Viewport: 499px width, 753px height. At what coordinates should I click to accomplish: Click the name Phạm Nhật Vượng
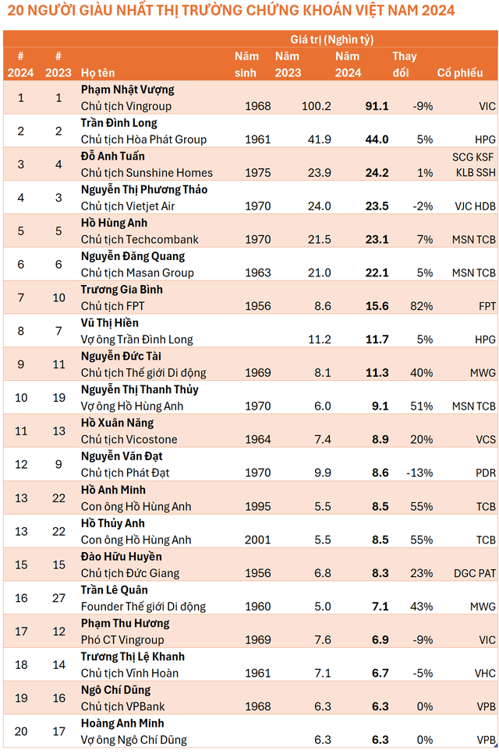point(127,90)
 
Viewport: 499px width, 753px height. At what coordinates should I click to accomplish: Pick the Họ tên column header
point(98,72)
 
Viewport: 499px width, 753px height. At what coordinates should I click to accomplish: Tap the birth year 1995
point(257,506)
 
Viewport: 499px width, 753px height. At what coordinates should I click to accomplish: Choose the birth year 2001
point(257,540)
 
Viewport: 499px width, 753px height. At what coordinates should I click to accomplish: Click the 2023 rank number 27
point(58,598)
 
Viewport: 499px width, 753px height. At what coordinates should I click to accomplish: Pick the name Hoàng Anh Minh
point(122,723)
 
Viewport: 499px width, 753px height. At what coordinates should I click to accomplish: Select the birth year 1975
point(257,173)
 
